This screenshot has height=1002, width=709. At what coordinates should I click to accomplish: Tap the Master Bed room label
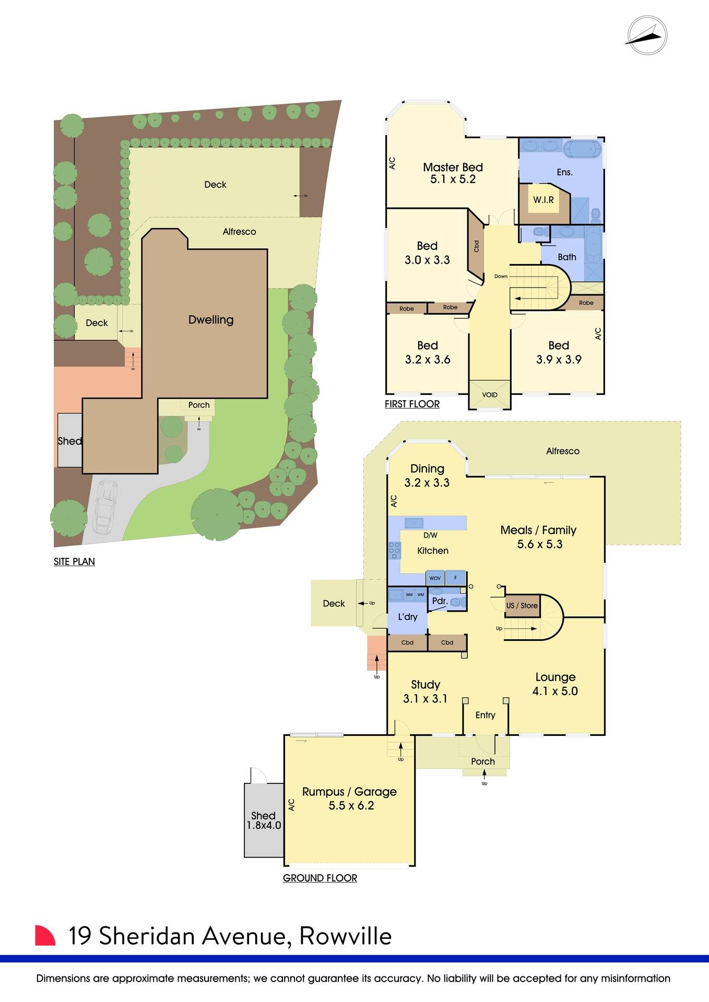tap(453, 168)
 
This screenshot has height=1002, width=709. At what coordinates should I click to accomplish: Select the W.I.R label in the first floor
tap(543, 200)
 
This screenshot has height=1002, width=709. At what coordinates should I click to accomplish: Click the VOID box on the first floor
tap(489, 395)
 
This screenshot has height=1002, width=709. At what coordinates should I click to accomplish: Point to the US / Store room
tap(522, 605)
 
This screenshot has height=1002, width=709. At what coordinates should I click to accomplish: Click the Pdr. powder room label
tap(440, 601)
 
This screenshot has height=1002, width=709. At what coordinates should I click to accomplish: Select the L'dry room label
tap(407, 617)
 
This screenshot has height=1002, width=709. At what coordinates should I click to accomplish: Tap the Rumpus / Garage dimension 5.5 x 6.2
tap(351, 806)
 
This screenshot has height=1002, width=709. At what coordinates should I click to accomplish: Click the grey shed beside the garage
tap(263, 820)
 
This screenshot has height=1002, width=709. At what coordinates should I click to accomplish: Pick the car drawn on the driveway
tap(104, 505)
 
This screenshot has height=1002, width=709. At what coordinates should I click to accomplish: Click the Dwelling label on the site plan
tap(210, 320)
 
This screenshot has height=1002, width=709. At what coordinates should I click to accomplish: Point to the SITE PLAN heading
tap(74, 562)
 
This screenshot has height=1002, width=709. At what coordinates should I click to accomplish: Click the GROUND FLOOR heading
tap(320, 878)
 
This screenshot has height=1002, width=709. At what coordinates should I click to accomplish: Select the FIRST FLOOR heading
tap(412, 404)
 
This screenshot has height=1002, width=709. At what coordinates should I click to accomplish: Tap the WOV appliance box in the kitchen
tap(435, 578)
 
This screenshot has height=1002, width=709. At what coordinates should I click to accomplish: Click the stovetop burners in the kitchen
tap(394, 551)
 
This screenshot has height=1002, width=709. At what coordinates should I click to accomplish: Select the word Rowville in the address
tap(345, 936)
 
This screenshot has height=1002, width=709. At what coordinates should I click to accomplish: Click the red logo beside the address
tap(45, 935)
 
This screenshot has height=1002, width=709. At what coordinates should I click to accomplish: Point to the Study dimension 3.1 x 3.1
tap(425, 699)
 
